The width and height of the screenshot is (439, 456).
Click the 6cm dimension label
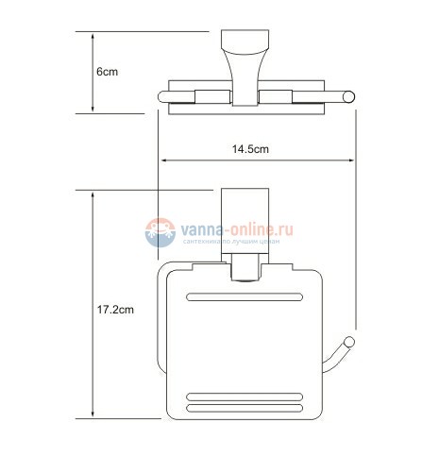point(106,72)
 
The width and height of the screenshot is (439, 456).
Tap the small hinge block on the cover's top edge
point(245,275)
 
